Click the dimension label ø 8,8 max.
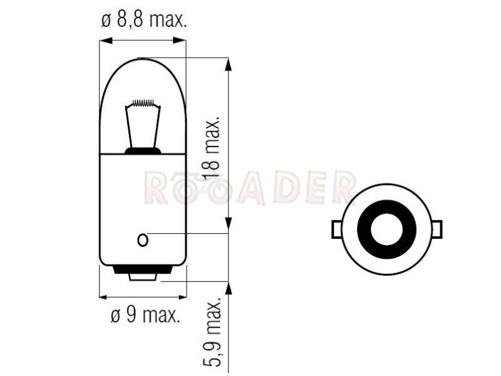click(x=144, y=21)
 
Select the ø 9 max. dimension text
click(x=145, y=316)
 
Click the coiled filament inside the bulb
click(x=143, y=103)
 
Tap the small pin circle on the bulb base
click(x=143, y=240)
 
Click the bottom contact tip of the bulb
click(x=143, y=277)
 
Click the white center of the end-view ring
click(x=386, y=229)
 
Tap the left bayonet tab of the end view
click(x=336, y=229)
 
